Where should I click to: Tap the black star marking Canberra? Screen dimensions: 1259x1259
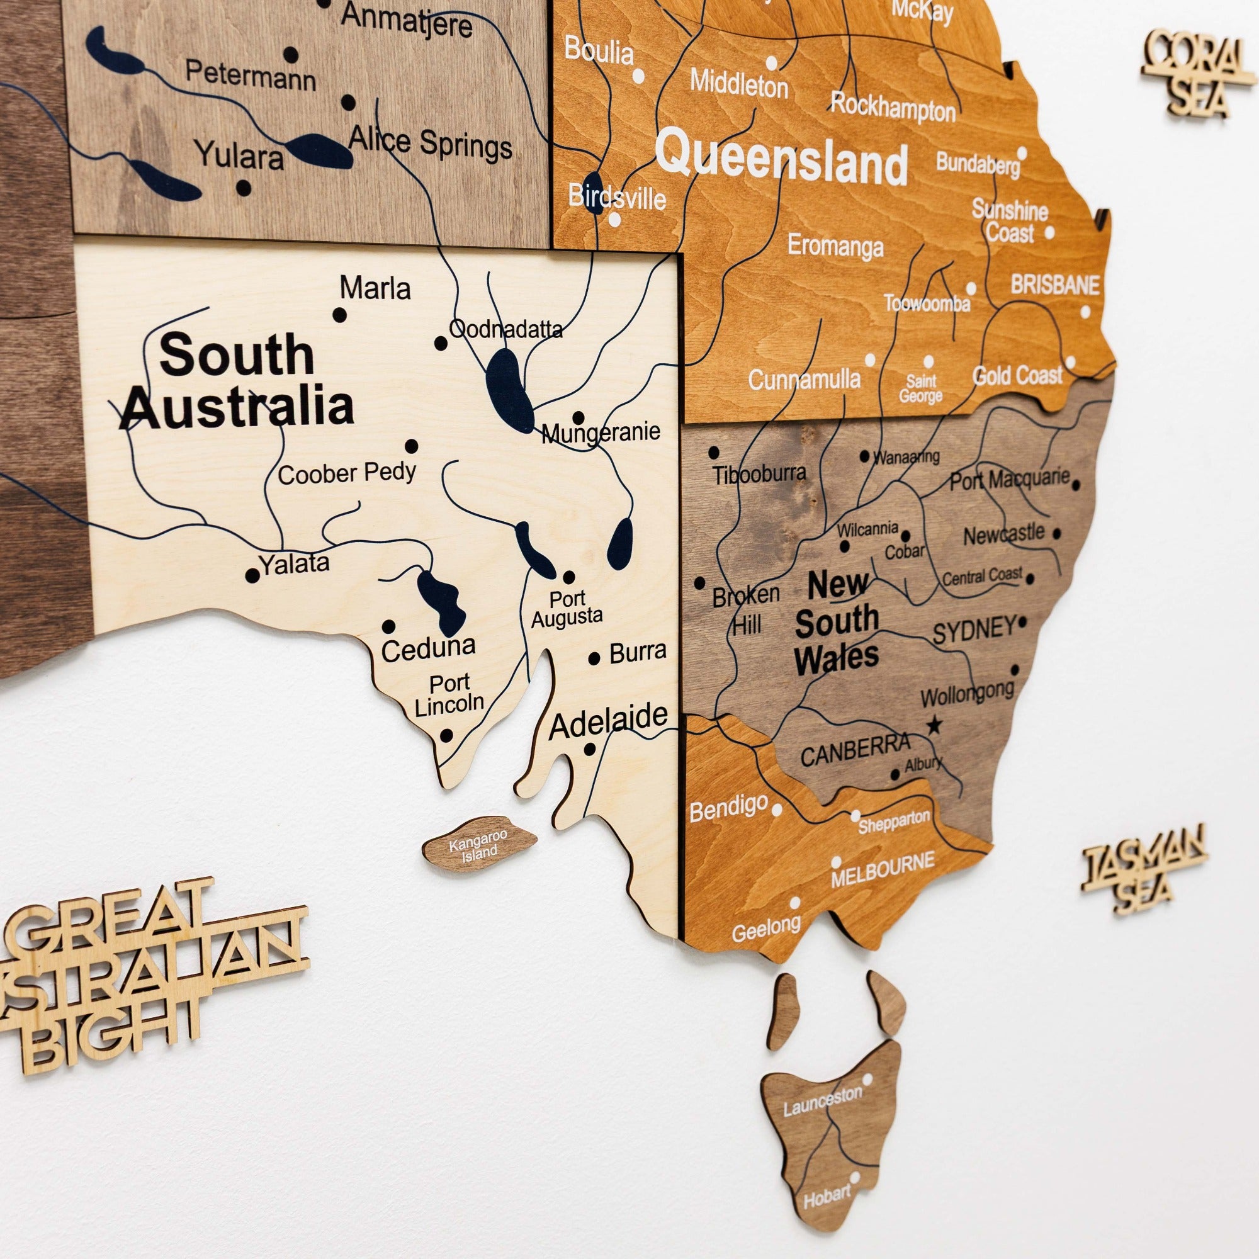pyautogui.click(x=934, y=725)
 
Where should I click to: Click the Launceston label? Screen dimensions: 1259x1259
pyautogui.click(x=822, y=1099)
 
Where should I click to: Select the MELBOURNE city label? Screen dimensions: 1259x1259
pyautogui.click(x=883, y=869)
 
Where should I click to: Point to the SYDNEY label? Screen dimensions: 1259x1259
pyautogui.click(x=974, y=630)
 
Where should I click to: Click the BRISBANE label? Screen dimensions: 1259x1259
pyautogui.click(x=1055, y=285)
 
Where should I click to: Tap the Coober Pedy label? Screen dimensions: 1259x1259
pyautogui.click(x=347, y=473)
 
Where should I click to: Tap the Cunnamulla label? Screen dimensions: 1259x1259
pyautogui.click(x=804, y=379)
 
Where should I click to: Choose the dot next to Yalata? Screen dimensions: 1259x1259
pyautogui.click(x=252, y=576)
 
